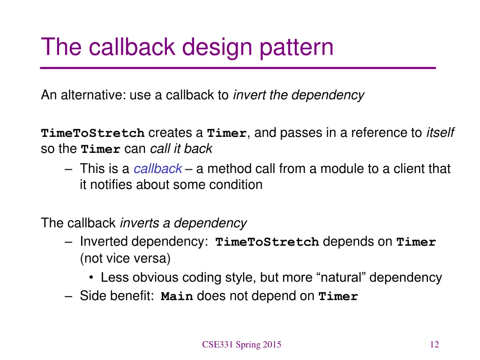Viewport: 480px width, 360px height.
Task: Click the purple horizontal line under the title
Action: click(238, 68)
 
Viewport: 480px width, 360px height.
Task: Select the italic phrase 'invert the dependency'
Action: click(298, 95)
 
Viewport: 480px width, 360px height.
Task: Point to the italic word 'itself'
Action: click(440, 133)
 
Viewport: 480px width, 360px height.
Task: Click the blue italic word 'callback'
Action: click(157, 169)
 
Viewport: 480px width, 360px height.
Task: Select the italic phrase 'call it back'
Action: click(181, 149)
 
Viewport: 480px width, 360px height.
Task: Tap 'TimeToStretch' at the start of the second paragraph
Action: click(93, 134)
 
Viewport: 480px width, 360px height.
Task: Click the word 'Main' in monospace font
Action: click(177, 297)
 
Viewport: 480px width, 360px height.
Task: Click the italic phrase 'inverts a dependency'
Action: click(183, 223)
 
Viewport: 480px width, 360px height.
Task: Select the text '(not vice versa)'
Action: click(125, 258)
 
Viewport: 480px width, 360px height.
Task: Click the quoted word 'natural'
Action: click(341, 277)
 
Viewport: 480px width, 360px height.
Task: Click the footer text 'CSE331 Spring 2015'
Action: click(241, 345)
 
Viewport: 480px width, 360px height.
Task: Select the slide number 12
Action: click(434, 345)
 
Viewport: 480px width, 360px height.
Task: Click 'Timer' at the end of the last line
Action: click(338, 297)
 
